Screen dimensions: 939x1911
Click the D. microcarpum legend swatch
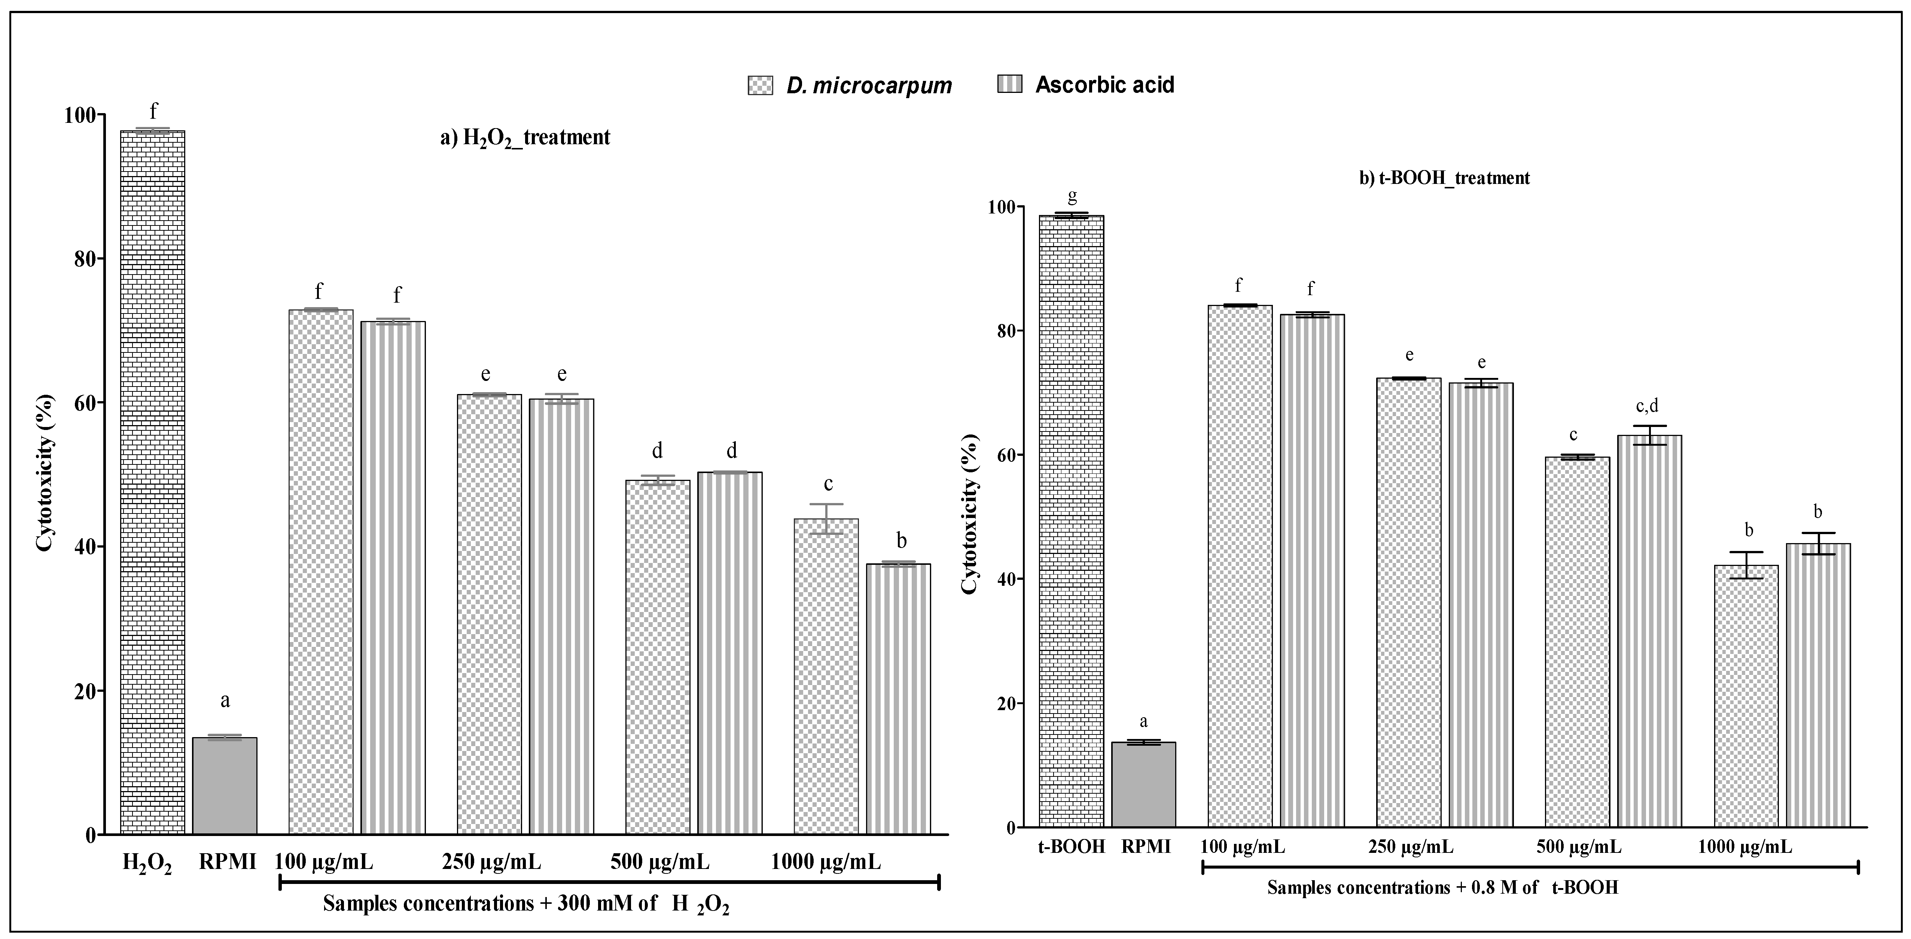760,85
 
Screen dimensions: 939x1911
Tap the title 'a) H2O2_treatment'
525,137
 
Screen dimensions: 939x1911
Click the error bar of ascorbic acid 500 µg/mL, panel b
1649,436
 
